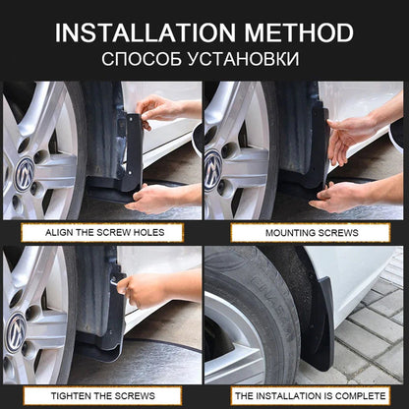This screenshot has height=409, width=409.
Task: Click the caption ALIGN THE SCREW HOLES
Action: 102,232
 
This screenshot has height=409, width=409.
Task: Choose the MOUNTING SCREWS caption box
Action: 304,232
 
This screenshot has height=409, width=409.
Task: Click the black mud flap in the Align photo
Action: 131,152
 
